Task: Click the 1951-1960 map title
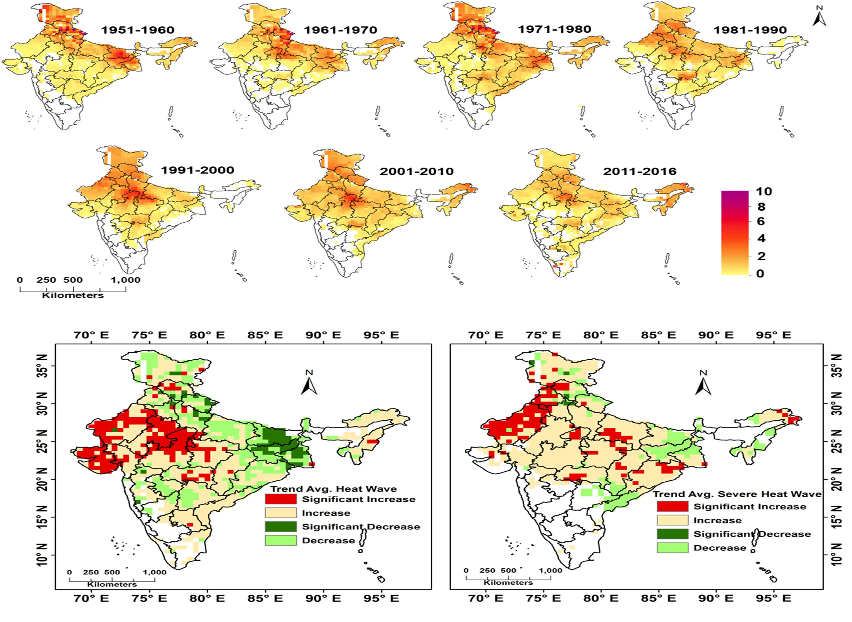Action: [x=138, y=30]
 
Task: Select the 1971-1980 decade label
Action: [x=554, y=29]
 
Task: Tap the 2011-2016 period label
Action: [x=640, y=172]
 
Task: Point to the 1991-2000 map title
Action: [x=197, y=170]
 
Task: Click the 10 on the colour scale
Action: [x=764, y=192]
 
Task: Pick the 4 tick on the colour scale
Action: [x=761, y=238]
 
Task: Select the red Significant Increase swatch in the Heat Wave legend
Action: [x=281, y=499]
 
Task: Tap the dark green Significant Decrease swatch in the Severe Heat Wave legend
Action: [x=672, y=534]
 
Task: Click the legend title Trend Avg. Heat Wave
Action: [x=334, y=489]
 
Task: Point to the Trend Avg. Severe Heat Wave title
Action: [x=737, y=494]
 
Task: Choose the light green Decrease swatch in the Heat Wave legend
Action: [x=281, y=540]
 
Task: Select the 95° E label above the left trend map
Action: [x=381, y=335]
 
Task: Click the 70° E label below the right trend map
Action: [x=485, y=598]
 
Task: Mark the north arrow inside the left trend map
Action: [x=309, y=383]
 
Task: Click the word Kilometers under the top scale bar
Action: [x=73, y=295]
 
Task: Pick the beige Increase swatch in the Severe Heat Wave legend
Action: [x=672, y=520]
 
